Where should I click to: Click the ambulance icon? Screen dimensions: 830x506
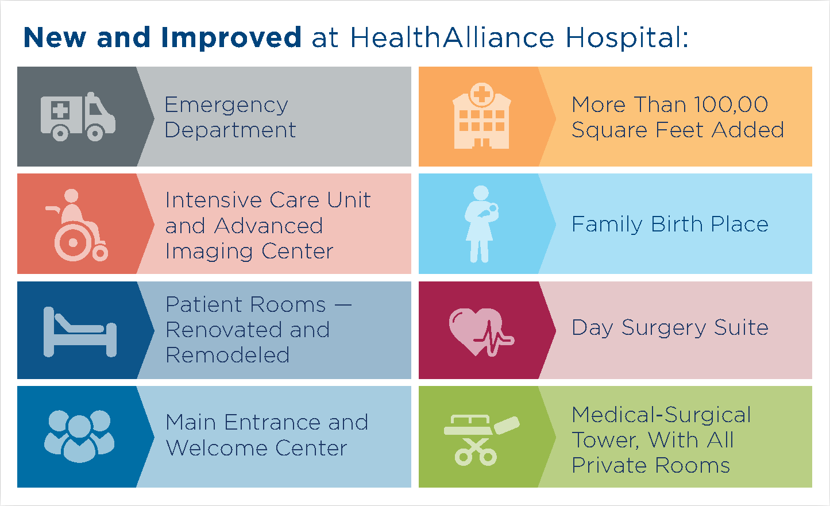[78, 117]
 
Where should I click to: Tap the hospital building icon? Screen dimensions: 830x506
[482, 115]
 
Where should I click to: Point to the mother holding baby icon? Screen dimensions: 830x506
[481, 224]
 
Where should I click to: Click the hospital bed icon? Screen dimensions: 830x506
[80, 332]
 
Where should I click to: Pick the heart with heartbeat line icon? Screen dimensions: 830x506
[481, 333]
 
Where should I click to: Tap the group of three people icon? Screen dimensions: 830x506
[79, 437]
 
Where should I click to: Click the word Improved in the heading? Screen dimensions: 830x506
[231, 38]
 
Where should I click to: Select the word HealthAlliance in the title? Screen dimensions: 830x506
[452, 37]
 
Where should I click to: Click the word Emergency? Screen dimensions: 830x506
[226, 105]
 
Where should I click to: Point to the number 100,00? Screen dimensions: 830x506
[731, 105]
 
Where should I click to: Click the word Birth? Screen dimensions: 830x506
[677, 224]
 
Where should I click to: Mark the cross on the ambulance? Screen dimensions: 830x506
[60, 110]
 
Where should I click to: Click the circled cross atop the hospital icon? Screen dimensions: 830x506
[482, 94]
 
